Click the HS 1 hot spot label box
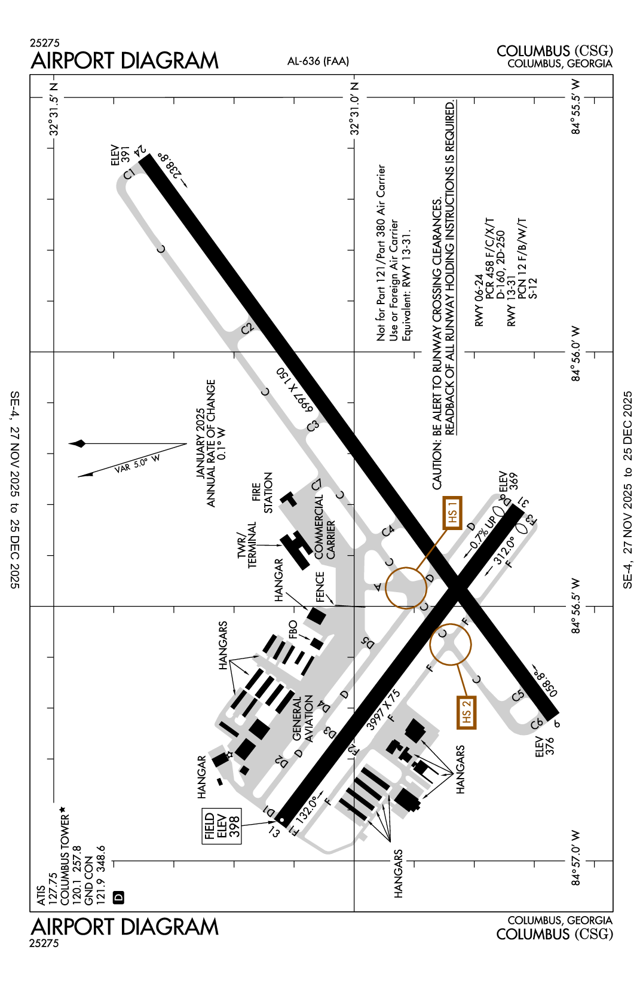pyautogui.click(x=452, y=513)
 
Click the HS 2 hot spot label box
pyautogui.click(x=466, y=712)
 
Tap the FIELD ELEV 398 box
pyautogui.click(x=222, y=826)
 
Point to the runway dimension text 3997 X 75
pyautogui.click(x=383, y=709)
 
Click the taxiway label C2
pyautogui.click(x=247, y=328)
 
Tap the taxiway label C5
pyautogui.click(x=518, y=695)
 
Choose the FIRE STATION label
pyautogui.click(x=262, y=493)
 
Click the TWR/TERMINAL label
pyautogui.click(x=247, y=544)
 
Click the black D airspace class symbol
pyautogui.click(x=118, y=897)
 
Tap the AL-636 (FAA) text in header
pyautogui.click(x=318, y=61)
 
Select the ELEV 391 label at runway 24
pyautogui.click(x=120, y=155)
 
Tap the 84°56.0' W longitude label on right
pyautogui.click(x=575, y=353)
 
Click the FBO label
pyautogui.click(x=293, y=629)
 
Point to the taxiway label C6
pyautogui.click(x=537, y=724)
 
